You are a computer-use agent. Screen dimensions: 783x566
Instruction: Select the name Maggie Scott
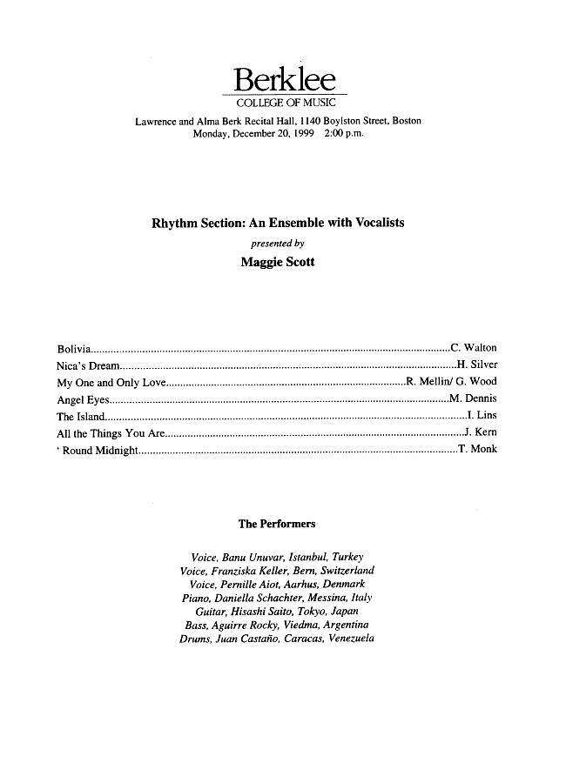(278, 261)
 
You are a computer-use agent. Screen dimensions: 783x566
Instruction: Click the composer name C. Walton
(474, 349)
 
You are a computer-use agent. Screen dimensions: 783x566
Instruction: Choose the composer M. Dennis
(473, 399)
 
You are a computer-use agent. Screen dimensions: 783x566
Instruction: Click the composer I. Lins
(482, 416)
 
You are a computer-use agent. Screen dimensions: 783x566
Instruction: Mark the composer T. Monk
(478, 450)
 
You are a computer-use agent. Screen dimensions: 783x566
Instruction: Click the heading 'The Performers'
(277, 525)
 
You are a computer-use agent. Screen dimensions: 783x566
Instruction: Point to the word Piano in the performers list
(197, 599)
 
